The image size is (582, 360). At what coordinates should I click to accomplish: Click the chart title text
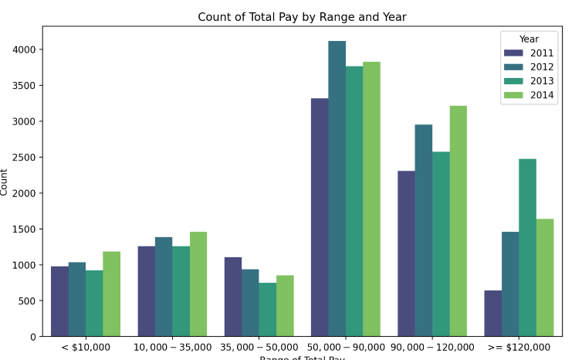302,17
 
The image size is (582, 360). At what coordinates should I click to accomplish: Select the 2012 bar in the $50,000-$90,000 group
337,188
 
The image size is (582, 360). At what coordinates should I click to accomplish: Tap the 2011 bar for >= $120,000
492,313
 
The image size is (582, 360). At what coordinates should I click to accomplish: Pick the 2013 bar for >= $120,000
527,247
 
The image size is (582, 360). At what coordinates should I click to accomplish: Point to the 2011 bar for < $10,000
59,301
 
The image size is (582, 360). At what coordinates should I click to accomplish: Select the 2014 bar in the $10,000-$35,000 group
198,284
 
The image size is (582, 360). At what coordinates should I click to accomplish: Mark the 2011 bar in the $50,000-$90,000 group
320,217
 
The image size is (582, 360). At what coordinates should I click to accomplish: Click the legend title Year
529,39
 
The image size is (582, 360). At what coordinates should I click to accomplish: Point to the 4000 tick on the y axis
25,49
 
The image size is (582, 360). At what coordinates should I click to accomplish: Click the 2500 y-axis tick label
25,158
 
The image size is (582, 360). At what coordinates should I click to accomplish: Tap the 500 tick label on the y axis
29,301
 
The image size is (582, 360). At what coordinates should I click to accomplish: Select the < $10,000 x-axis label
86,348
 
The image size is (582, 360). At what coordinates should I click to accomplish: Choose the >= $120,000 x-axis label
519,348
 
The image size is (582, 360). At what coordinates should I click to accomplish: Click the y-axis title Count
5,182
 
